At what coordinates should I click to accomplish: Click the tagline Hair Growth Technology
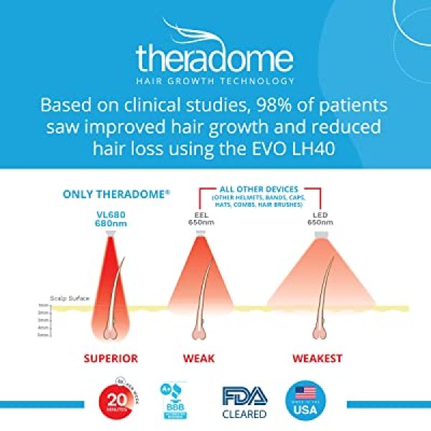[215, 81]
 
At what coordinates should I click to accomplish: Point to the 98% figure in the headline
[264, 106]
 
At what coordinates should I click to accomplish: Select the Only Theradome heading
[106, 194]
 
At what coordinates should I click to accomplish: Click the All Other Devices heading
[263, 190]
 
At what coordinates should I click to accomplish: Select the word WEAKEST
[317, 358]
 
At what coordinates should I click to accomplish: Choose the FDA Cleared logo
[243, 400]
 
